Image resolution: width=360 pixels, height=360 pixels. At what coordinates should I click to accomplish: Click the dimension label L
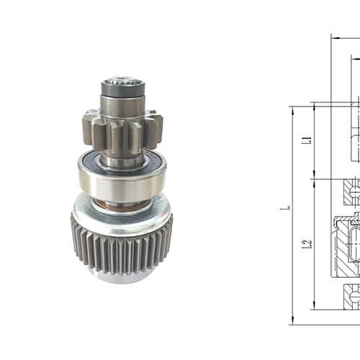click(x=287, y=208)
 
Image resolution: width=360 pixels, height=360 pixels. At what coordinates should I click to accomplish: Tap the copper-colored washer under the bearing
click(x=122, y=204)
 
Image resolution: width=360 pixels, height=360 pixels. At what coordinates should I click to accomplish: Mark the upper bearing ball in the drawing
click(x=354, y=191)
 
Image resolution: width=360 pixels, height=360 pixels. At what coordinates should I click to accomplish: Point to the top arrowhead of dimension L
click(x=292, y=109)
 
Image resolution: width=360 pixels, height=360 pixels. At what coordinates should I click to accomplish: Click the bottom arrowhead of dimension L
click(x=292, y=320)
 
